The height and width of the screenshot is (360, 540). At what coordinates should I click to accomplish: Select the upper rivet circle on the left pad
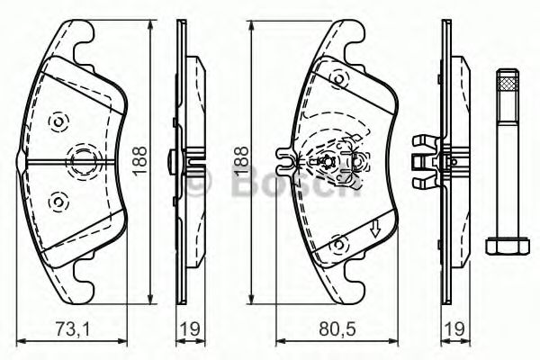point(59,121)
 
